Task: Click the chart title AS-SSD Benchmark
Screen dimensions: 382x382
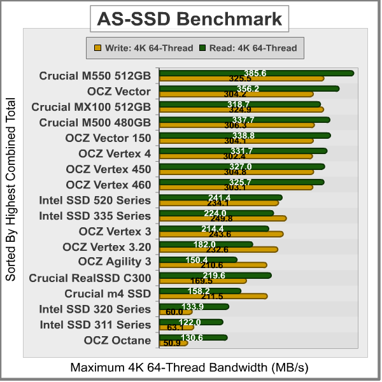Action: [x=189, y=19]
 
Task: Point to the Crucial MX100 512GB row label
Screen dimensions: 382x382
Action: [x=91, y=107]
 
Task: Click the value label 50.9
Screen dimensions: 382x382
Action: [x=172, y=344]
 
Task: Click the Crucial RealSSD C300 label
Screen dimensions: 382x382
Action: [x=90, y=278]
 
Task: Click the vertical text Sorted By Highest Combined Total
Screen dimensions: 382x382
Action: [x=11, y=190]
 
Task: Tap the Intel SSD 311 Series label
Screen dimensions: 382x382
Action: [x=95, y=325]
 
